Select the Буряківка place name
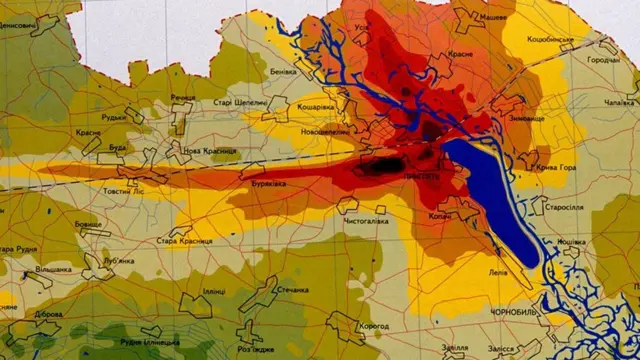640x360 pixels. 271,184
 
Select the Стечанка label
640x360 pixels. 293,291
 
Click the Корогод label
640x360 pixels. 370,326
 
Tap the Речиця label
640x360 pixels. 183,97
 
